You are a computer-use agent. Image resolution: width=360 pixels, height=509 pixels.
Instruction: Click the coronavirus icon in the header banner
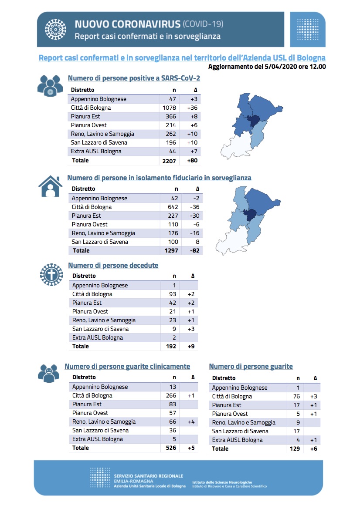[x=55, y=30]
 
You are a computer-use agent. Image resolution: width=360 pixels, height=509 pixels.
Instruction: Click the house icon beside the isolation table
[x=51, y=186]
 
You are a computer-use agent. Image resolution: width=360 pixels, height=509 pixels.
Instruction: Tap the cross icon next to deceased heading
[x=51, y=275]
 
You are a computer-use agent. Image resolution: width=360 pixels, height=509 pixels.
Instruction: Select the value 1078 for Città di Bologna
[x=169, y=108]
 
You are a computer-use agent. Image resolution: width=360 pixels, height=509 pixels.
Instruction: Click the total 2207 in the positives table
[x=169, y=161]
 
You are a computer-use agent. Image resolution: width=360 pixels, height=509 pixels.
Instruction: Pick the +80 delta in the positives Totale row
[x=192, y=160]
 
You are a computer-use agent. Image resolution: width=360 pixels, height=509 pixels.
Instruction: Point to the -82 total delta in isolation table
[x=195, y=251]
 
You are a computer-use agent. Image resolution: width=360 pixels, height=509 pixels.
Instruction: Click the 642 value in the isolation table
[x=173, y=207]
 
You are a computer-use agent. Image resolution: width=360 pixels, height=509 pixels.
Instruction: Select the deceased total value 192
[x=171, y=346]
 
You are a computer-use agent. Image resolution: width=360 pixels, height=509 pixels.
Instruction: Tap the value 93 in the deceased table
[x=173, y=294]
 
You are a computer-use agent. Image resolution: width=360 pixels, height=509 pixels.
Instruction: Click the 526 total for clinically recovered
[x=171, y=448]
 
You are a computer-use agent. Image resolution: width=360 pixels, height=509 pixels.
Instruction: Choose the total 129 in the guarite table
[x=295, y=448]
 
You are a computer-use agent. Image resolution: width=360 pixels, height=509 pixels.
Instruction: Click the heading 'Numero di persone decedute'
[x=113, y=266]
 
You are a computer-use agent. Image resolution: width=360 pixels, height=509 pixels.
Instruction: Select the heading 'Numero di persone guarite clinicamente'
[x=127, y=367]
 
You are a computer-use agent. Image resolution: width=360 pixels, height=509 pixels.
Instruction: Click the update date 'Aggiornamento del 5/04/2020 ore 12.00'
[x=267, y=67]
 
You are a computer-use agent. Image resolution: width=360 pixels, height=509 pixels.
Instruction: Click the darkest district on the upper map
[x=254, y=121]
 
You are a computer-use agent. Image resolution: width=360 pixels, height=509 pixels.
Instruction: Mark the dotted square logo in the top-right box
[x=308, y=30]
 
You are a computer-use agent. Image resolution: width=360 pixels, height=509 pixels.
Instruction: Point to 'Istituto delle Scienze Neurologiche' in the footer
[x=222, y=482]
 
